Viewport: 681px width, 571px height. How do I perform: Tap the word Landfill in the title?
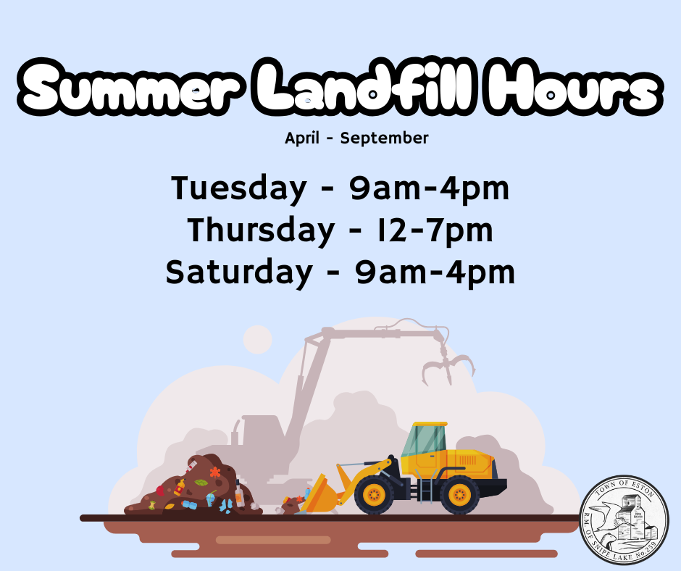(367, 86)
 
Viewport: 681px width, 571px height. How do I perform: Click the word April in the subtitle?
(302, 138)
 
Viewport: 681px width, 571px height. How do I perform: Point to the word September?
(385, 138)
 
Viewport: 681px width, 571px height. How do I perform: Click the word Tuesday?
(239, 188)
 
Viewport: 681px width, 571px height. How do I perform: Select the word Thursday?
(261, 230)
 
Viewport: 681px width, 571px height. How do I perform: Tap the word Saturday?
(239, 272)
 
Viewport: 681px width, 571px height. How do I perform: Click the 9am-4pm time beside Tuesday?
(429, 188)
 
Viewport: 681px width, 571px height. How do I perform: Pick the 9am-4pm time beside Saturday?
(435, 272)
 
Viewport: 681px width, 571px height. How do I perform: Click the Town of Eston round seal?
(624, 520)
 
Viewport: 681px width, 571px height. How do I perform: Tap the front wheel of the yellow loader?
(374, 494)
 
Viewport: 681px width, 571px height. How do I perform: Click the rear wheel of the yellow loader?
(459, 494)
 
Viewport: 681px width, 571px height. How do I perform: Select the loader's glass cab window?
(424, 440)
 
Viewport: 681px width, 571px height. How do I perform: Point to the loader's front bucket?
(320, 493)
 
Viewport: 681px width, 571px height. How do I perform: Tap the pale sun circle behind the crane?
(257, 339)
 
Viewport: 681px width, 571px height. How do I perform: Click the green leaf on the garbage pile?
(201, 483)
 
